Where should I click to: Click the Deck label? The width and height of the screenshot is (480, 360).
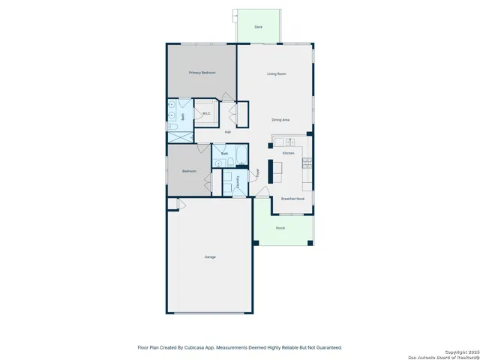(258, 27)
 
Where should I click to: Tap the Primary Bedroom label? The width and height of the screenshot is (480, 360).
(202, 73)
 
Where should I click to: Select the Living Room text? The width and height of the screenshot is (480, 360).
(277, 73)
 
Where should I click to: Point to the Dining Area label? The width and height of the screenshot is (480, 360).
(280, 120)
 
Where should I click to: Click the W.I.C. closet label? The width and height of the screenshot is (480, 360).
(206, 114)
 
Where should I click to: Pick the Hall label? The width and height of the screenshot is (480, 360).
(227, 133)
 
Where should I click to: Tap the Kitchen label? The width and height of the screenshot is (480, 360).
(288, 153)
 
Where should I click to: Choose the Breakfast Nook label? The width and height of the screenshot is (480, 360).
(292, 199)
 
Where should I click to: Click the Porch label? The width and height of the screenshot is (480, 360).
(280, 228)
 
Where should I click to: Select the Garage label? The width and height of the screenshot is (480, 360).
(210, 257)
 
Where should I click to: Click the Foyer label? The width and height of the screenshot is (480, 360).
(257, 172)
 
